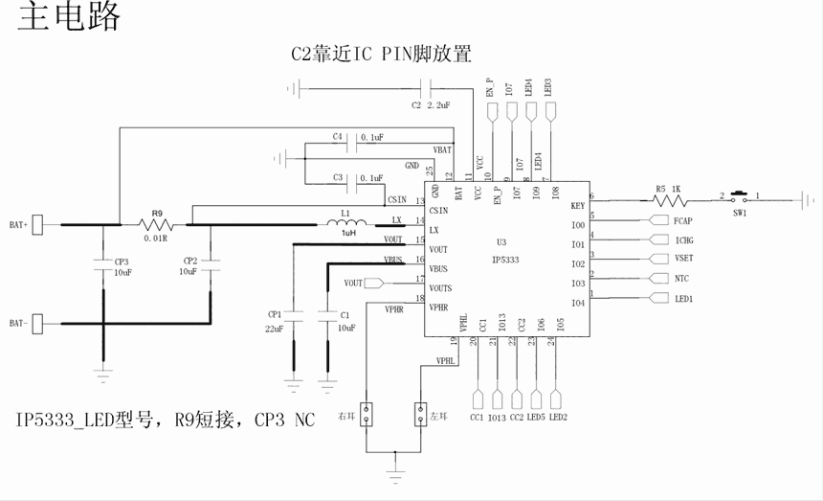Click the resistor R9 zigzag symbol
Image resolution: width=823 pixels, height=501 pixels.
pyautogui.click(x=155, y=225)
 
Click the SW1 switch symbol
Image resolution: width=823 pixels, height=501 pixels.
pyautogui.click(x=739, y=198)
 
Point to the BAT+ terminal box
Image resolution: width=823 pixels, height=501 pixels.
pyautogui.click(x=38, y=225)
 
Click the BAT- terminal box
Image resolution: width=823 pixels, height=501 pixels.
pyautogui.click(x=38, y=324)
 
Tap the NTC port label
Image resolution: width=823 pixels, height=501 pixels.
pyautogui.click(x=680, y=279)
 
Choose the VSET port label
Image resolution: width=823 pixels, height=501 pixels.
pyautogui.click(x=683, y=259)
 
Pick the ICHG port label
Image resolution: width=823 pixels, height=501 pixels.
pyautogui.click(x=683, y=239)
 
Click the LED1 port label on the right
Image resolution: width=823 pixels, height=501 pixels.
pyautogui.click(x=683, y=299)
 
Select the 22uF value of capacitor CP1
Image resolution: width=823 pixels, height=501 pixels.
pyautogui.click(x=275, y=329)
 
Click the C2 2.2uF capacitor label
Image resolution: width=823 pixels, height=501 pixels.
pyautogui.click(x=431, y=104)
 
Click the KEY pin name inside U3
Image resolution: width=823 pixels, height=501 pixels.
pyautogui.click(x=577, y=206)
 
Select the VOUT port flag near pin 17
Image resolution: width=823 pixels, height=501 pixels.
pyautogui.click(x=356, y=284)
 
